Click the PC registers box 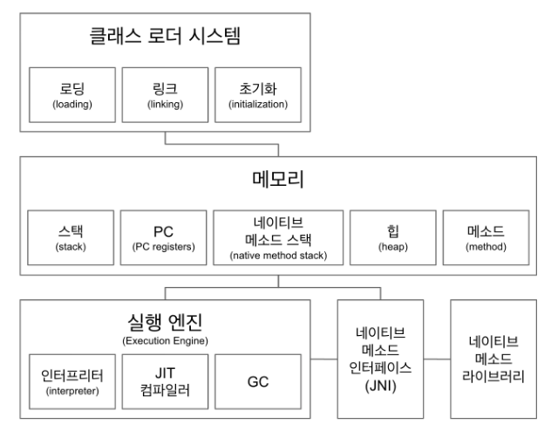162,236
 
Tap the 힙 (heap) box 390,236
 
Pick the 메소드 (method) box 484,236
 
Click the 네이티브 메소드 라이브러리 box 493,359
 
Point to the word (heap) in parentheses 390,249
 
